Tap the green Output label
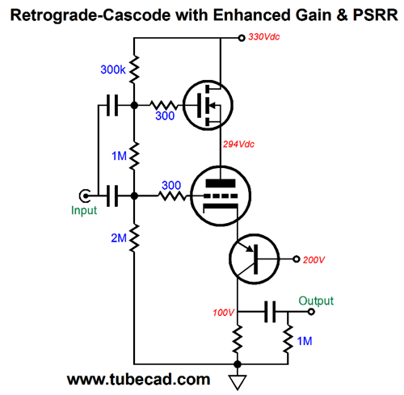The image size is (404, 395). click(315, 300)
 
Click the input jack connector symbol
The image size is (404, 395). click(83, 195)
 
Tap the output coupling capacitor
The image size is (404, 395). click(270, 310)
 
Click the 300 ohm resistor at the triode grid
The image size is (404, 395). click(170, 195)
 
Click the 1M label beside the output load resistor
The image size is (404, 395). click(305, 342)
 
